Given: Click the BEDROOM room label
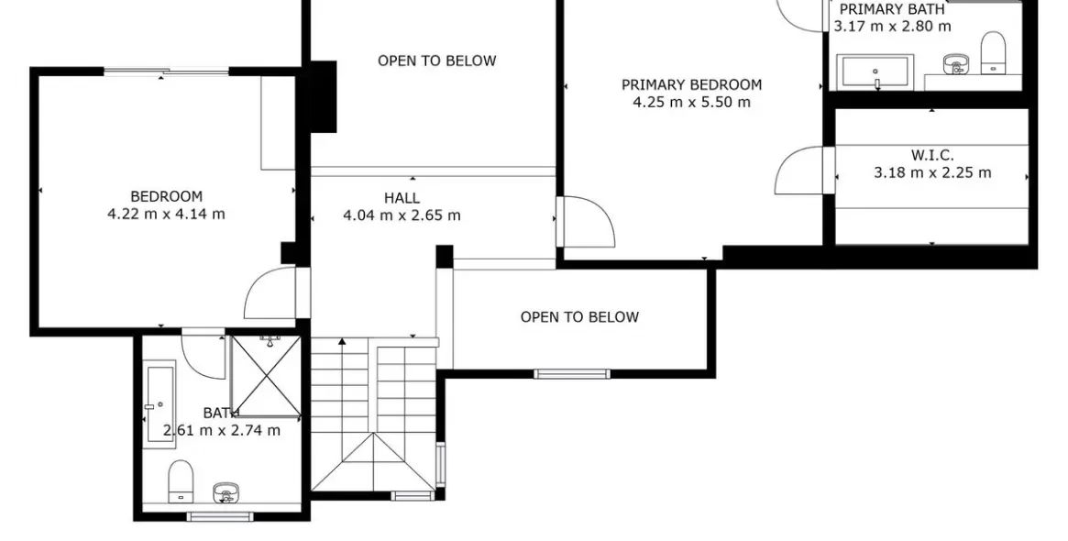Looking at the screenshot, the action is click(x=166, y=197).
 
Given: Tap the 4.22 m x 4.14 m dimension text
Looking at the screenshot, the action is click(x=166, y=214).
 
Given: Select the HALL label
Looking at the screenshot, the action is click(x=402, y=198).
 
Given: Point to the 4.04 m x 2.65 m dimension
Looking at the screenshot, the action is click(x=402, y=215).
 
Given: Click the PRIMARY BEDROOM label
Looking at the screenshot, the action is click(x=691, y=85).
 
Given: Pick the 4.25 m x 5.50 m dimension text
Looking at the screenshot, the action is click(x=691, y=102).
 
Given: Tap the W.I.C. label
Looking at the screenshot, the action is click(x=932, y=156).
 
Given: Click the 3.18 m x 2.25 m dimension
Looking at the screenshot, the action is click(x=932, y=173).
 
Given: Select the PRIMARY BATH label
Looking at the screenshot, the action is click(x=892, y=9).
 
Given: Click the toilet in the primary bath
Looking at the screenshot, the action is click(x=993, y=53).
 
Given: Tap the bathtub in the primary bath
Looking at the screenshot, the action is click(x=875, y=72).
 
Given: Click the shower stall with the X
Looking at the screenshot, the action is click(x=266, y=375).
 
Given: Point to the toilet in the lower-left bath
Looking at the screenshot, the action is click(x=181, y=481).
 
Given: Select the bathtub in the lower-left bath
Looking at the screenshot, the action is click(x=160, y=404).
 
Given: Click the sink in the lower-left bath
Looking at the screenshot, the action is click(x=226, y=491).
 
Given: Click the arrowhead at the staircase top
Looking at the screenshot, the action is click(x=342, y=341).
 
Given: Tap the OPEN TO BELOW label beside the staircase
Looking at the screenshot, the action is click(x=579, y=317).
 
